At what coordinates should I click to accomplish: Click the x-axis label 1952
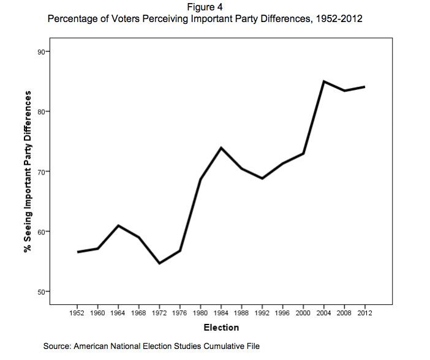point(78,313)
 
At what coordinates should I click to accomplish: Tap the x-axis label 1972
point(159,313)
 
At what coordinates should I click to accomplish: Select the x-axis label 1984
point(221,313)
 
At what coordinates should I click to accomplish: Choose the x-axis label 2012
point(365,313)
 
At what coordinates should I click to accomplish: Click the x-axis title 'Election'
point(221,328)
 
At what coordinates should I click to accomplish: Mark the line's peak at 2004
point(324,81)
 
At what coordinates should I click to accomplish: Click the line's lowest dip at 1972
point(159,263)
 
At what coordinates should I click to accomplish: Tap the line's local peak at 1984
point(221,148)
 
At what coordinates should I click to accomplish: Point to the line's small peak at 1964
point(119,225)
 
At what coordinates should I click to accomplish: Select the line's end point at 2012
point(365,87)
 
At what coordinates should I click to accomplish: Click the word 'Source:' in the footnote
point(57,347)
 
